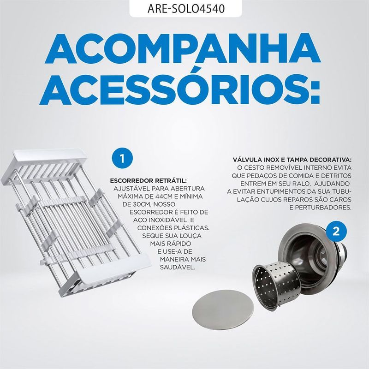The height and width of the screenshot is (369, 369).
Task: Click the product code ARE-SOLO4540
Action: click(x=186, y=9)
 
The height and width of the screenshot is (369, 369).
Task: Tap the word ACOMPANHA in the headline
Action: click(x=183, y=50)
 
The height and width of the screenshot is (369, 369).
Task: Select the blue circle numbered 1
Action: click(x=122, y=159)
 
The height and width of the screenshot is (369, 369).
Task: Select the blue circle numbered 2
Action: click(x=336, y=232)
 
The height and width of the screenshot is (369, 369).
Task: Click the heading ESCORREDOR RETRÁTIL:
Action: click(x=148, y=181)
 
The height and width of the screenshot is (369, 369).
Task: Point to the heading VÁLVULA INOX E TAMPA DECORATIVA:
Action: click(x=292, y=160)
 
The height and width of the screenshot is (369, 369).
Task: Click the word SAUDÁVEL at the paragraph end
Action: click(x=178, y=268)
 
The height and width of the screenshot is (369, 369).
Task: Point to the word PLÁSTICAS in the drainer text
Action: click(x=191, y=228)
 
